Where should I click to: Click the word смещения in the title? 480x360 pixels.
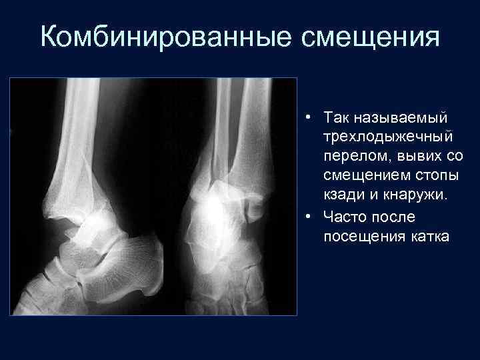[371, 37]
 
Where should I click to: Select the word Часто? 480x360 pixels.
[345, 217]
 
